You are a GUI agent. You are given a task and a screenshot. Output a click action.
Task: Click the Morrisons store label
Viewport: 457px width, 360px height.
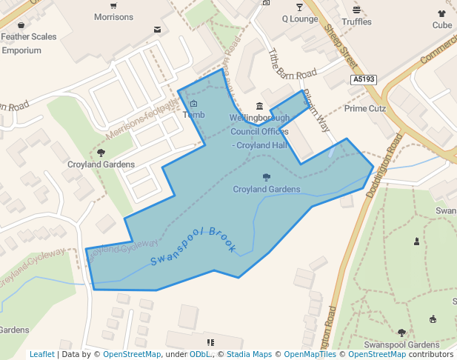tap(114, 17)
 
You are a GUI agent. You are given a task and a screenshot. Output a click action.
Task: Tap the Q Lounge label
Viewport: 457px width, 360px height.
tap(299, 19)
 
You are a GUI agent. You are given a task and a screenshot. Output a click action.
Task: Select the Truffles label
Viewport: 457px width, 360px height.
tap(357, 22)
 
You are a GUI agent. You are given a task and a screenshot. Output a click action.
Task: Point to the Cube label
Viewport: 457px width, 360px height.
tap(442, 25)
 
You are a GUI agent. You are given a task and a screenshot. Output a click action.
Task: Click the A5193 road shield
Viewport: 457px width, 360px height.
tap(364, 79)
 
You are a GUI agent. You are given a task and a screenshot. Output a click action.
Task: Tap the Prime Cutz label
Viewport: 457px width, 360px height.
tap(366, 108)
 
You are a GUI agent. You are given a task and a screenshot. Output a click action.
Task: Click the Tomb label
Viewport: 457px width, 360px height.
tap(193, 115)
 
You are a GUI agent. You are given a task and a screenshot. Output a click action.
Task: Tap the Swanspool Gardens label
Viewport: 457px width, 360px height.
tap(402, 345)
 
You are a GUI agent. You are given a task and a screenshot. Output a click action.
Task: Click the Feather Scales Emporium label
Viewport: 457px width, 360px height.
tap(28, 43)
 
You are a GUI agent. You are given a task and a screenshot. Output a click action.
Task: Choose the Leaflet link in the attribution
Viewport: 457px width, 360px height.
tap(41, 355)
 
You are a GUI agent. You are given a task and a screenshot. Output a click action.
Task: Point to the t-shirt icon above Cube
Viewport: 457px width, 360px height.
tap(442, 13)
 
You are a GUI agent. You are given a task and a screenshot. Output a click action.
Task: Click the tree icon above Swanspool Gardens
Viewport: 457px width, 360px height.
tap(402, 333)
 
